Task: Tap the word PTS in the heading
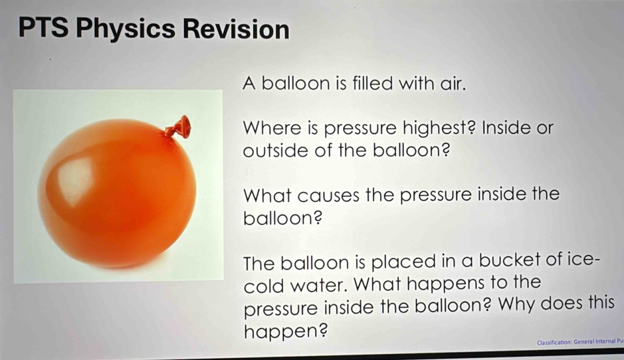tap(44, 27)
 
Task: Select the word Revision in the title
tap(236, 29)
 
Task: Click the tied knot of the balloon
tap(178, 128)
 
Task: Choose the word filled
tap(367, 84)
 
